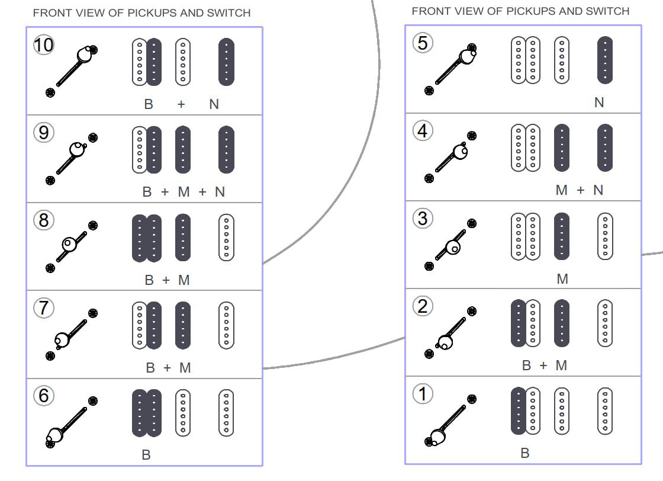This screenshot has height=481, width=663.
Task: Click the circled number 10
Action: pyautogui.click(x=44, y=45)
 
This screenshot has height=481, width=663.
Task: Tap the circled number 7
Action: pyautogui.click(x=44, y=308)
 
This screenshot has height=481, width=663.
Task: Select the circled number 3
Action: pyautogui.click(x=422, y=219)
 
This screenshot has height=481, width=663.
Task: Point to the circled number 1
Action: pyautogui.click(x=422, y=394)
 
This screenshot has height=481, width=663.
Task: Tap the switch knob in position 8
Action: pyautogui.click(x=69, y=243)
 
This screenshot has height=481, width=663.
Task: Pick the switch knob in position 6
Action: pyautogui.click(x=55, y=436)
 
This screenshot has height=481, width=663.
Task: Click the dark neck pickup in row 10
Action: pyautogui.click(x=226, y=61)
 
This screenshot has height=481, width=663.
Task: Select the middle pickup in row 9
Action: pyautogui.click(x=183, y=149)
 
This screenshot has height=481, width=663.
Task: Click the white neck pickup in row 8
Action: pyautogui.click(x=226, y=237)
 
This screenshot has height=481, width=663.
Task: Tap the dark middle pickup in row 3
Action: pyautogui.click(x=562, y=236)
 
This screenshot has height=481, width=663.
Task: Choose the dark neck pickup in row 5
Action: pyautogui.click(x=605, y=60)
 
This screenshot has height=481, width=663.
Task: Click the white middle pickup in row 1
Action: pyautogui.click(x=562, y=411)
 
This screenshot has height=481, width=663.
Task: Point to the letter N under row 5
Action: pyautogui.click(x=599, y=102)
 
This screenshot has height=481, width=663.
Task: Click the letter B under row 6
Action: pyautogui.click(x=146, y=455)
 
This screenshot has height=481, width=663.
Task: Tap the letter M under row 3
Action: pyautogui.click(x=562, y=278)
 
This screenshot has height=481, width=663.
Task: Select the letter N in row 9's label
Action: pyautogui.click(x=220, y=192)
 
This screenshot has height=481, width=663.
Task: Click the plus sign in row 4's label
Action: pyautogui.click(x=580, y=190)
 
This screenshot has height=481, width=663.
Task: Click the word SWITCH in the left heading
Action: pyautogui.click(x=227, y=12)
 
